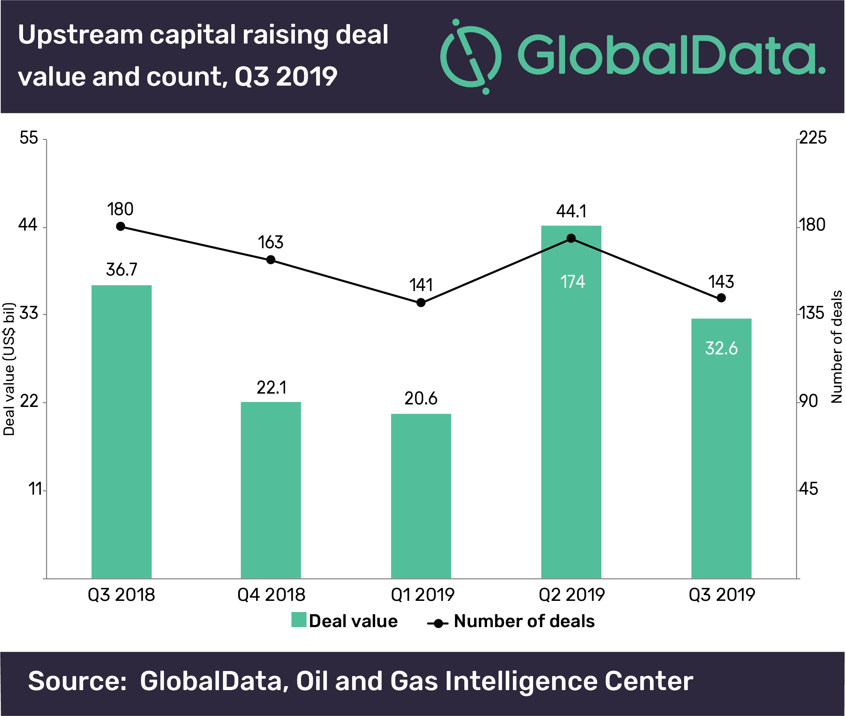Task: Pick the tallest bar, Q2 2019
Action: [571, 402]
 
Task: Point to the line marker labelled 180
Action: [120, 226]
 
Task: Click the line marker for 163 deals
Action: [270, 260]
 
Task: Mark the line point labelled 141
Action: [421, 302]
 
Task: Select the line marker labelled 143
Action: [721, 298]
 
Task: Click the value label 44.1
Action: [571, 212]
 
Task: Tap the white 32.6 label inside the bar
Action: [721, 348]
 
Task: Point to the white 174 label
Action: [572, 282]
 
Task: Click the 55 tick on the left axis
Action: [28, 138]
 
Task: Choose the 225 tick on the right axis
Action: [812, 138]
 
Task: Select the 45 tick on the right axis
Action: [808, 489]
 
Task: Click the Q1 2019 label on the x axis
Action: [422, 595]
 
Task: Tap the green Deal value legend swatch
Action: [299, 620]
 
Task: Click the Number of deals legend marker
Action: [438, 624]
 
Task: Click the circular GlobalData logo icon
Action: [471, 56]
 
